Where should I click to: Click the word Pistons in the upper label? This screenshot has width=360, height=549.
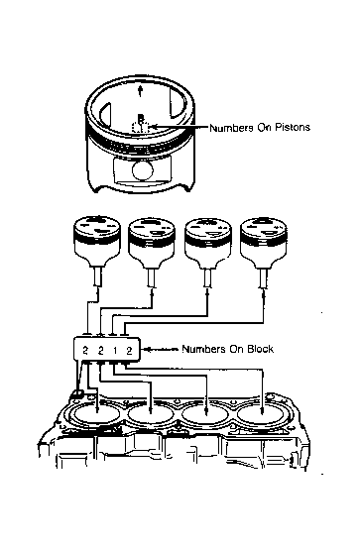point(293,127)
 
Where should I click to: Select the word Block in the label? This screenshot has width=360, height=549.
point(261,349)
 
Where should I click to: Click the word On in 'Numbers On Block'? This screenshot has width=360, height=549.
point(237,349)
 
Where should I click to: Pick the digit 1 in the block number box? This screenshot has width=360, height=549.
point(115,351)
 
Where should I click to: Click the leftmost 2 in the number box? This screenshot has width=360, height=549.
point(85,351)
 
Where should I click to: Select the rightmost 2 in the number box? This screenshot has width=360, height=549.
point(129,351)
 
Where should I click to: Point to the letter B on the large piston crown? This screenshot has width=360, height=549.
point(141,118)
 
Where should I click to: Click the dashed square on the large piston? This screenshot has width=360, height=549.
point(141,128)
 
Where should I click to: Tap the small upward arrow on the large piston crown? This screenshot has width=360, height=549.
point(140,91)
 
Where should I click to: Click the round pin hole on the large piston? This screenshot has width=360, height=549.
point(143,170)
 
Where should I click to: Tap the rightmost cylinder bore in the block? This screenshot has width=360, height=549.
point(261,415)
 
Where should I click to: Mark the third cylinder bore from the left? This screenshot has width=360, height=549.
point(206,415)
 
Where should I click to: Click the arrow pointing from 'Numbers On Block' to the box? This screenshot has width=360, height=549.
point(161,349)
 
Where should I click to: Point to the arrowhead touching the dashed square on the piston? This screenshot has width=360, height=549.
point(153,127)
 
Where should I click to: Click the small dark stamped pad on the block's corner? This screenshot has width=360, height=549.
point(76,395)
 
